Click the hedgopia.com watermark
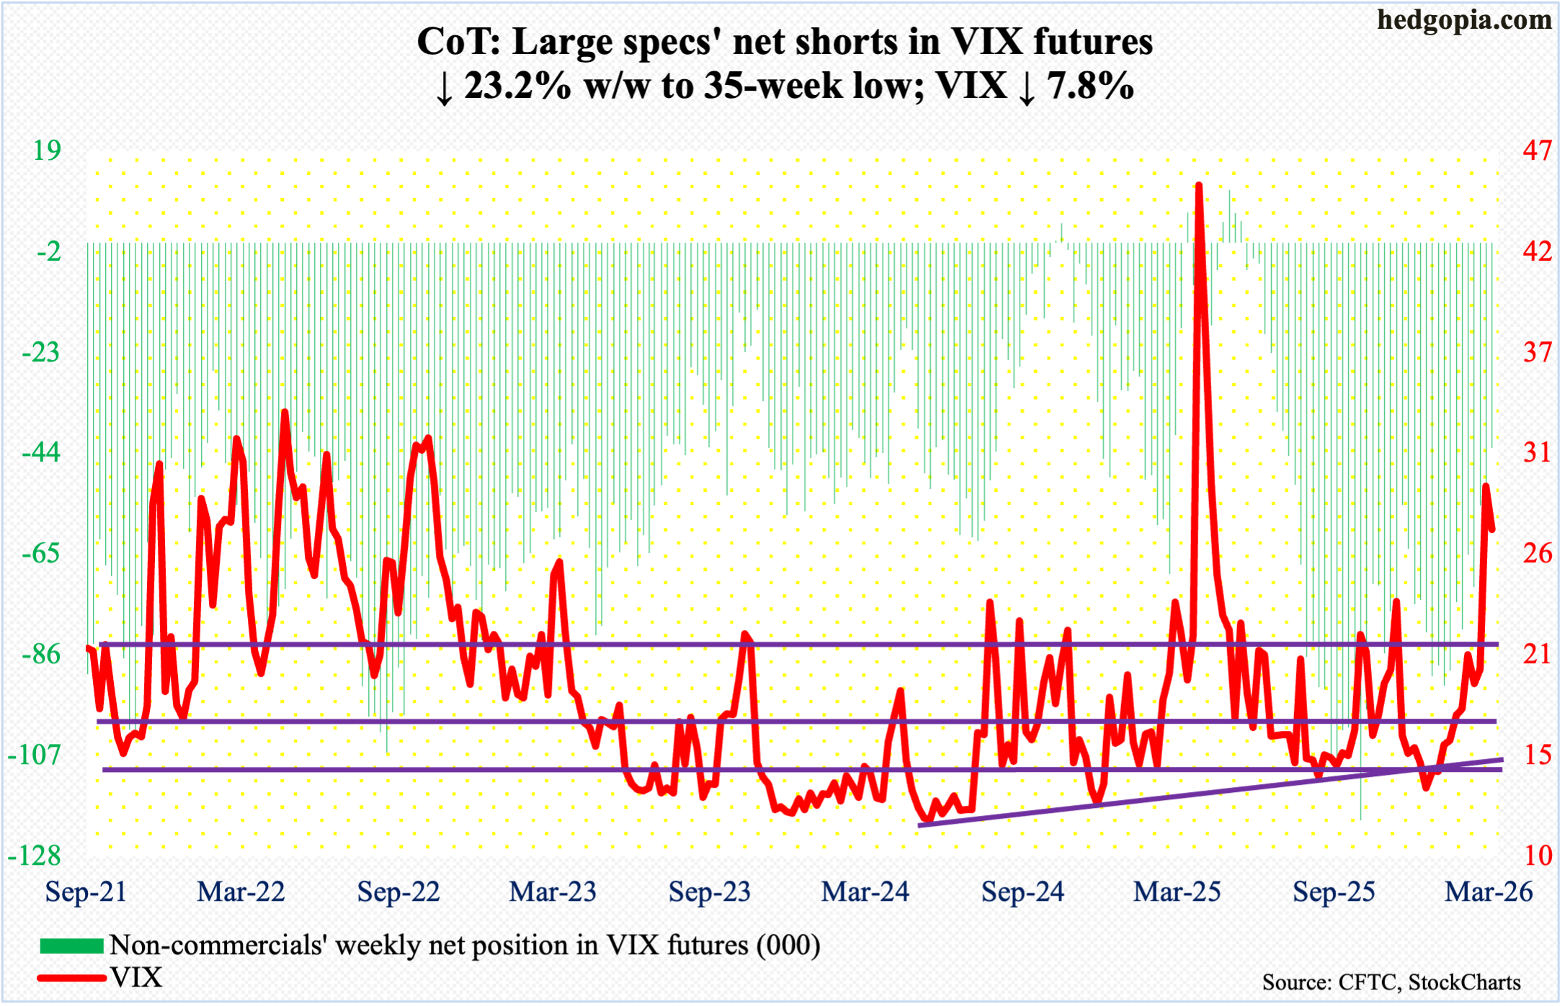point(1463,20)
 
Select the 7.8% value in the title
point(1090,86)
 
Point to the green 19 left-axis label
point(48,151)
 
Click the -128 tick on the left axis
point(35,855)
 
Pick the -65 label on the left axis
point(41,554)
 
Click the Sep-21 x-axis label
point(86,892)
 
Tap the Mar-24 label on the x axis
point(865,892)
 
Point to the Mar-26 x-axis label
point(1489,892)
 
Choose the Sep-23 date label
point(710,892)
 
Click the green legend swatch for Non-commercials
point(71,946)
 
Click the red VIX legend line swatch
point(71,978)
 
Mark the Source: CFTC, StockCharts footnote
point(1391,982)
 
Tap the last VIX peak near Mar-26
point(1485,486)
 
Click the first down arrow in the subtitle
point(445,88)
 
